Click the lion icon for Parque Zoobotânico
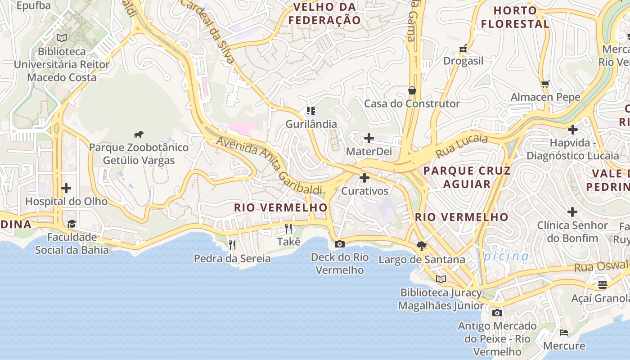[x=139, y=134]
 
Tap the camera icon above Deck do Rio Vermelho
[x=340, y=244]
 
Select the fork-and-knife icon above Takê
[x=288, y=229]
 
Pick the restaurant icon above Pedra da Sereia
[x=232, y=245]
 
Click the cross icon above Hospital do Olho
[x=66, y=188]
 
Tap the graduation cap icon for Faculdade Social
[x=72, y=224]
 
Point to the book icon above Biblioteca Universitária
[x=62, y=38]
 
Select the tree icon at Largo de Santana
[x=422, y=246]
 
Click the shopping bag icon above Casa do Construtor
[x=412, y=90]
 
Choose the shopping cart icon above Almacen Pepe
[x=545, y=84]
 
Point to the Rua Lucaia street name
[x=462, y=145]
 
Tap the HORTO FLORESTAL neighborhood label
[x=515, y=17]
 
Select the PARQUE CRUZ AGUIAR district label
[x=467, y=177]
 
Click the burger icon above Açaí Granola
[x=603, y=284]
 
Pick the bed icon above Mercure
[x=564, y=333]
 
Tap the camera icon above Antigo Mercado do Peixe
[x=497, y=313]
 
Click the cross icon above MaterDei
[x=369, y=138]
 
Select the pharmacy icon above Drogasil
[x=463, y=48]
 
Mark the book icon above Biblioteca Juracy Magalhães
[x=441, y=279]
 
